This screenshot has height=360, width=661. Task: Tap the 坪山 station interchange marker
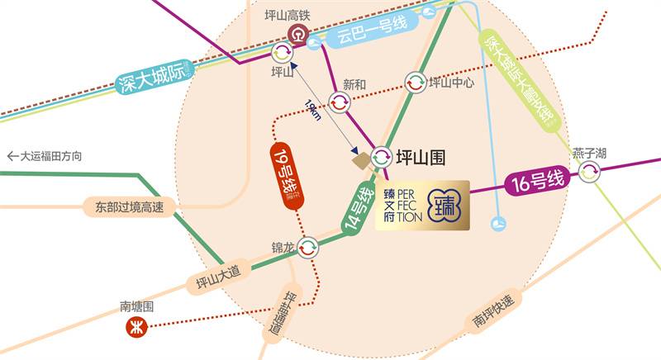pyautogui.click(x=282, y=53)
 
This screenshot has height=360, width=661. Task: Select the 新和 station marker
pyautogui.click(x=340, y=102)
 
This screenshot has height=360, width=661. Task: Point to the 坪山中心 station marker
pyautogui.click(x=416, y=83)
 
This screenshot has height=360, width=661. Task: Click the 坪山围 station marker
pyautogui.click(x=381, y=156)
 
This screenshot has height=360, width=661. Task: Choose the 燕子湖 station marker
pyautogui.click(x=589, y=172)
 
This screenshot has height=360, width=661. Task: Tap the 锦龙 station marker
pyautogui.click(x=308, y=247)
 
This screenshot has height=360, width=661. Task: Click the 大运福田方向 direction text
pyautogui.click(x=45, y=155)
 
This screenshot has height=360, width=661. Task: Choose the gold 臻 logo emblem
pyautogui.click(x=447, y=206)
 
